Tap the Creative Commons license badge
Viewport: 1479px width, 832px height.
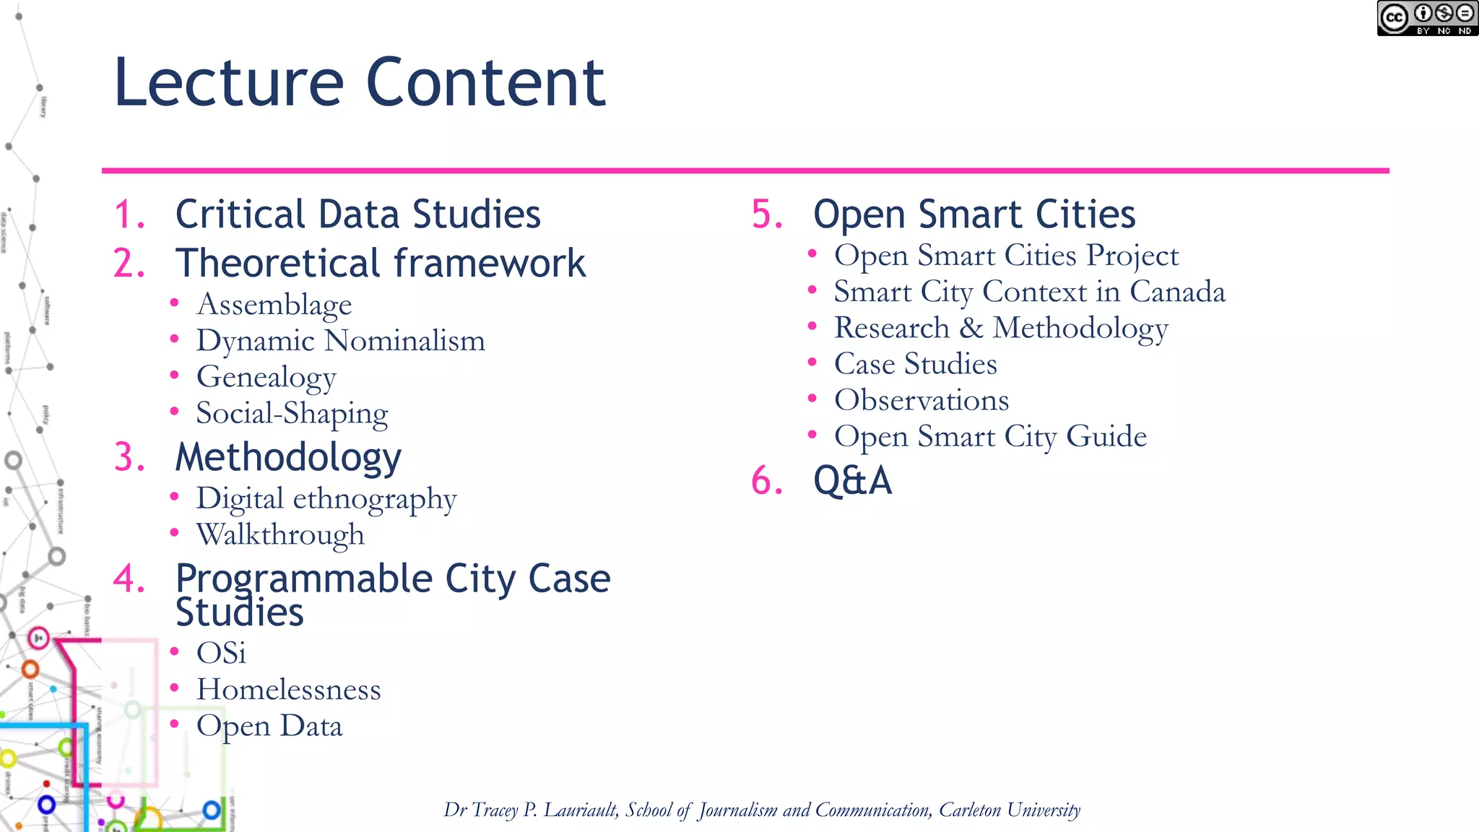(1426, 19)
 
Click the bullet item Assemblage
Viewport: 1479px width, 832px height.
(274, 305)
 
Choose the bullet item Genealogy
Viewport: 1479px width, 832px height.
(266, 377)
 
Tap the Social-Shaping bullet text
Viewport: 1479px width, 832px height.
(292, 413)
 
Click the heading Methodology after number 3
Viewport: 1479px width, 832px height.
(288, 457)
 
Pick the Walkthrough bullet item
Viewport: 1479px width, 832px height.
(280, 535)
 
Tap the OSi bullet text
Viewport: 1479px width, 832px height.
(221, 654)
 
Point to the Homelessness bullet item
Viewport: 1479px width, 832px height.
(288, 690)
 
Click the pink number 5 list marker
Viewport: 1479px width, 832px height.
(766, 214)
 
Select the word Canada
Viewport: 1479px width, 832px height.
(1177, 292)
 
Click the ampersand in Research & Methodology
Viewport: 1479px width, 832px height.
(971, 328)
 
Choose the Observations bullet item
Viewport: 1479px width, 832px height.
(921, 400)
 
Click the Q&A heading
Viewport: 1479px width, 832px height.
(852, 480)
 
